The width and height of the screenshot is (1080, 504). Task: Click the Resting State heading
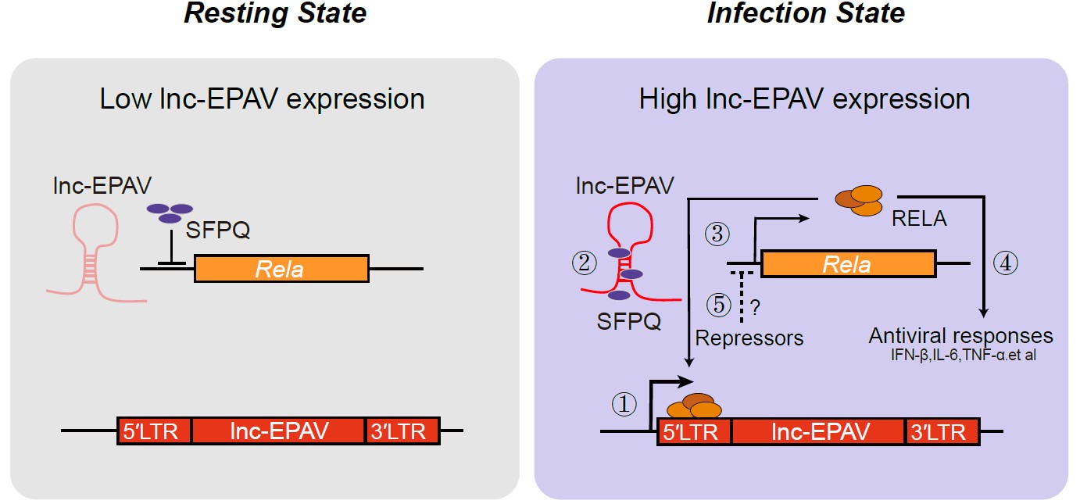[274, 13]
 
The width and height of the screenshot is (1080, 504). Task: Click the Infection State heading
[806, 13]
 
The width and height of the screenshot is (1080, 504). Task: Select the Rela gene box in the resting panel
[281, 269]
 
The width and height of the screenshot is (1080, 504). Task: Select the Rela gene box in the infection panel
[848, 263]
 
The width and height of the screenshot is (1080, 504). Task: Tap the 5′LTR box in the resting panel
[154, 431]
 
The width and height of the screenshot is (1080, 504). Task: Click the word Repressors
[749, 338]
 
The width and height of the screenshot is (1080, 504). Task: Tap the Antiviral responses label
[960, 337]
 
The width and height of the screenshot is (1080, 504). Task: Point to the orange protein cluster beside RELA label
[856, 198]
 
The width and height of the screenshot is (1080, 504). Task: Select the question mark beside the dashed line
[756, 306]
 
